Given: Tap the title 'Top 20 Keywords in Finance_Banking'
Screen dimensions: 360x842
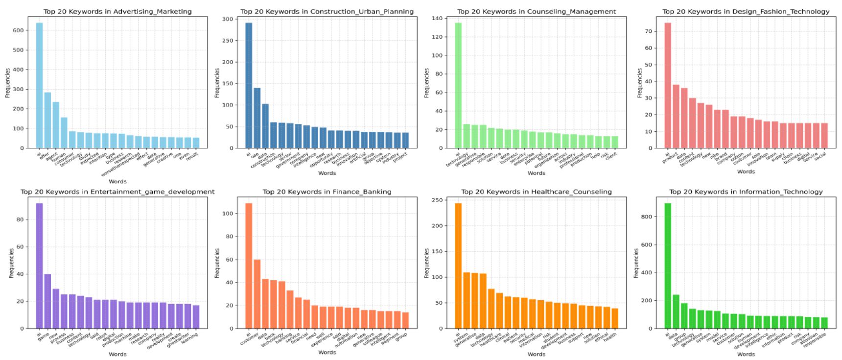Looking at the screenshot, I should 327,192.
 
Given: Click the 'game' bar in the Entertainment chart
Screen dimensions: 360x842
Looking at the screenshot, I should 47,301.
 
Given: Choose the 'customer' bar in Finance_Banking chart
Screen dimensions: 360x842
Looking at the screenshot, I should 257,294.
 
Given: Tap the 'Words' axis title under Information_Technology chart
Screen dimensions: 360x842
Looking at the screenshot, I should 746,354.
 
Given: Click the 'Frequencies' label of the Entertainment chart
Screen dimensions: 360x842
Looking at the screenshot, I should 11,263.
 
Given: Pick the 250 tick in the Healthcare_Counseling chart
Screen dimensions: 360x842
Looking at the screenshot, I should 437,200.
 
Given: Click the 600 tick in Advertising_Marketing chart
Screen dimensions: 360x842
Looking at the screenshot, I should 18,30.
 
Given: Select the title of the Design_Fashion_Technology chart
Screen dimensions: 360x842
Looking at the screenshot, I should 746,11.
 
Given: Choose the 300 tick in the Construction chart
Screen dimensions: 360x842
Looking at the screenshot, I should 228,19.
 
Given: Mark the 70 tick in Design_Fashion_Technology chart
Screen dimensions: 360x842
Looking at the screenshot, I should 648,31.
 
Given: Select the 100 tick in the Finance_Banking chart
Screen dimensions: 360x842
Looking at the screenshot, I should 228,214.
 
